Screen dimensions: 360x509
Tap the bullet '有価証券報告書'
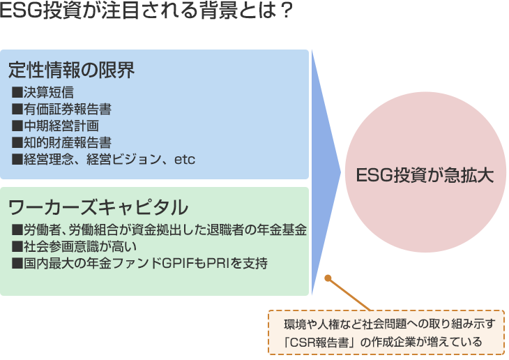click(x=62, y=109)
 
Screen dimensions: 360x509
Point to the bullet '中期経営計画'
click(x=55, y=126)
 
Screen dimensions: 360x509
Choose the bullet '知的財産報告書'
click(x=62, y=142)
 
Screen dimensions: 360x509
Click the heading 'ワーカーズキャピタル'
click(x=98, y=207)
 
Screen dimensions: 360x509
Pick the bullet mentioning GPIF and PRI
click(x=139, y=263)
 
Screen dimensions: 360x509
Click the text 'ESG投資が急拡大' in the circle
click(x=425, y=174)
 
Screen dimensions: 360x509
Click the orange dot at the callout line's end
click(x=328, y=278)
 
